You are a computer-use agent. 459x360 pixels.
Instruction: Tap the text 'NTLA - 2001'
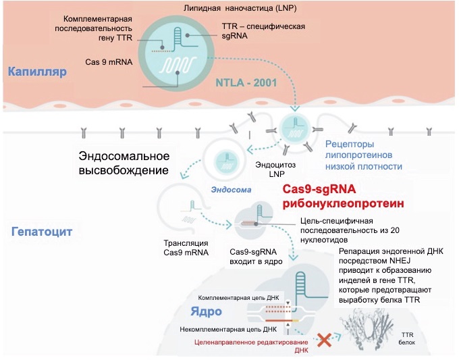coord(245,83)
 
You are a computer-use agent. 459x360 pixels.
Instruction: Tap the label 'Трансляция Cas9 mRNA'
coord(186,248)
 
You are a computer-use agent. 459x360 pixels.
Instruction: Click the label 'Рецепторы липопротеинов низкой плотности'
coord(364,155)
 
